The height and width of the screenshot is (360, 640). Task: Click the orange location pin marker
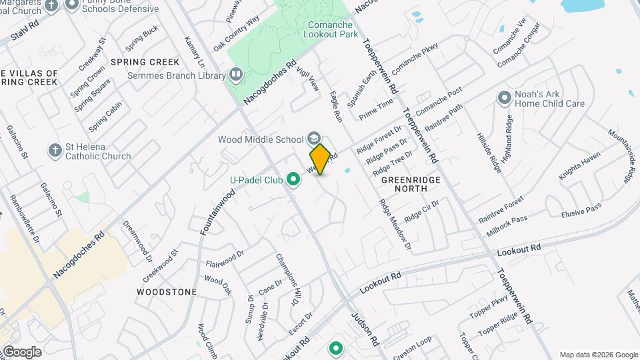pyautogui.click(x=320, y=159)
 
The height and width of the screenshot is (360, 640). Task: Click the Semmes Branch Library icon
pyautogui.click(x=235, y=75)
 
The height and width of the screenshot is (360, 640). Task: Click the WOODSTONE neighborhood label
pyautogui.click(x=167, y=292)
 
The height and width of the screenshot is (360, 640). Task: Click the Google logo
pyautogui.click(x=22, y=351)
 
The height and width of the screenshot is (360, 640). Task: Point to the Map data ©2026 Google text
pyautogui.click(x=599, y=355)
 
